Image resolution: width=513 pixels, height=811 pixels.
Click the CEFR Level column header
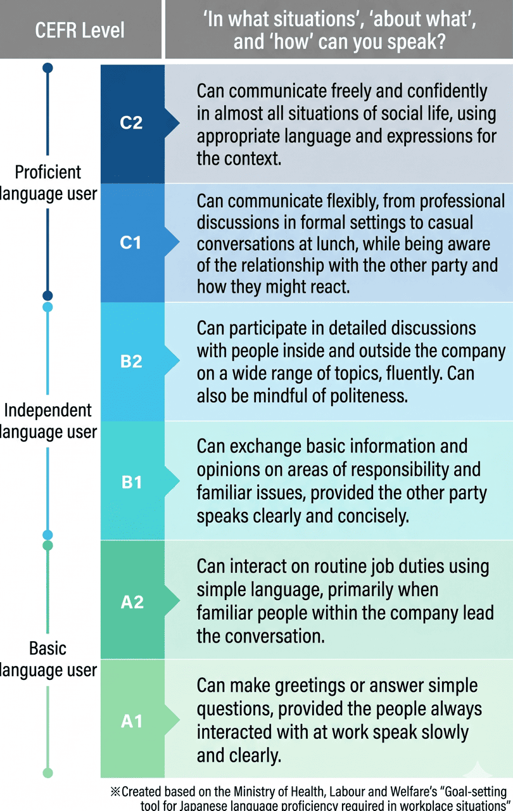point(80,30)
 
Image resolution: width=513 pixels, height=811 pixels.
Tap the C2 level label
point(131,122)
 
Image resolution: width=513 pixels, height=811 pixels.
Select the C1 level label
point(130,242)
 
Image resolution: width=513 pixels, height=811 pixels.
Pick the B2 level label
point(131,361)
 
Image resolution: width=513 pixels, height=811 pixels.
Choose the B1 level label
point(131,482)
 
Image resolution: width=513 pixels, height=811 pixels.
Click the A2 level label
point(132,601)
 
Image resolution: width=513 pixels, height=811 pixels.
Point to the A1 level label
point(132,721)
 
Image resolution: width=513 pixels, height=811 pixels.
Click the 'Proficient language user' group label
point(48,183)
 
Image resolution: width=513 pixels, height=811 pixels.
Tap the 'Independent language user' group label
point(48,421)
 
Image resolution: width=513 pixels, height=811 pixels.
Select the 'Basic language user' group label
point(48,660)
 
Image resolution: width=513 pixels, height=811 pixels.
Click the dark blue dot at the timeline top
point(47,68)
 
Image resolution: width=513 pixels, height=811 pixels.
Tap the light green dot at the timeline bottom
point(47,772)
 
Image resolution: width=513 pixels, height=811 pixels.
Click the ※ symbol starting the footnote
point(115,792)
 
